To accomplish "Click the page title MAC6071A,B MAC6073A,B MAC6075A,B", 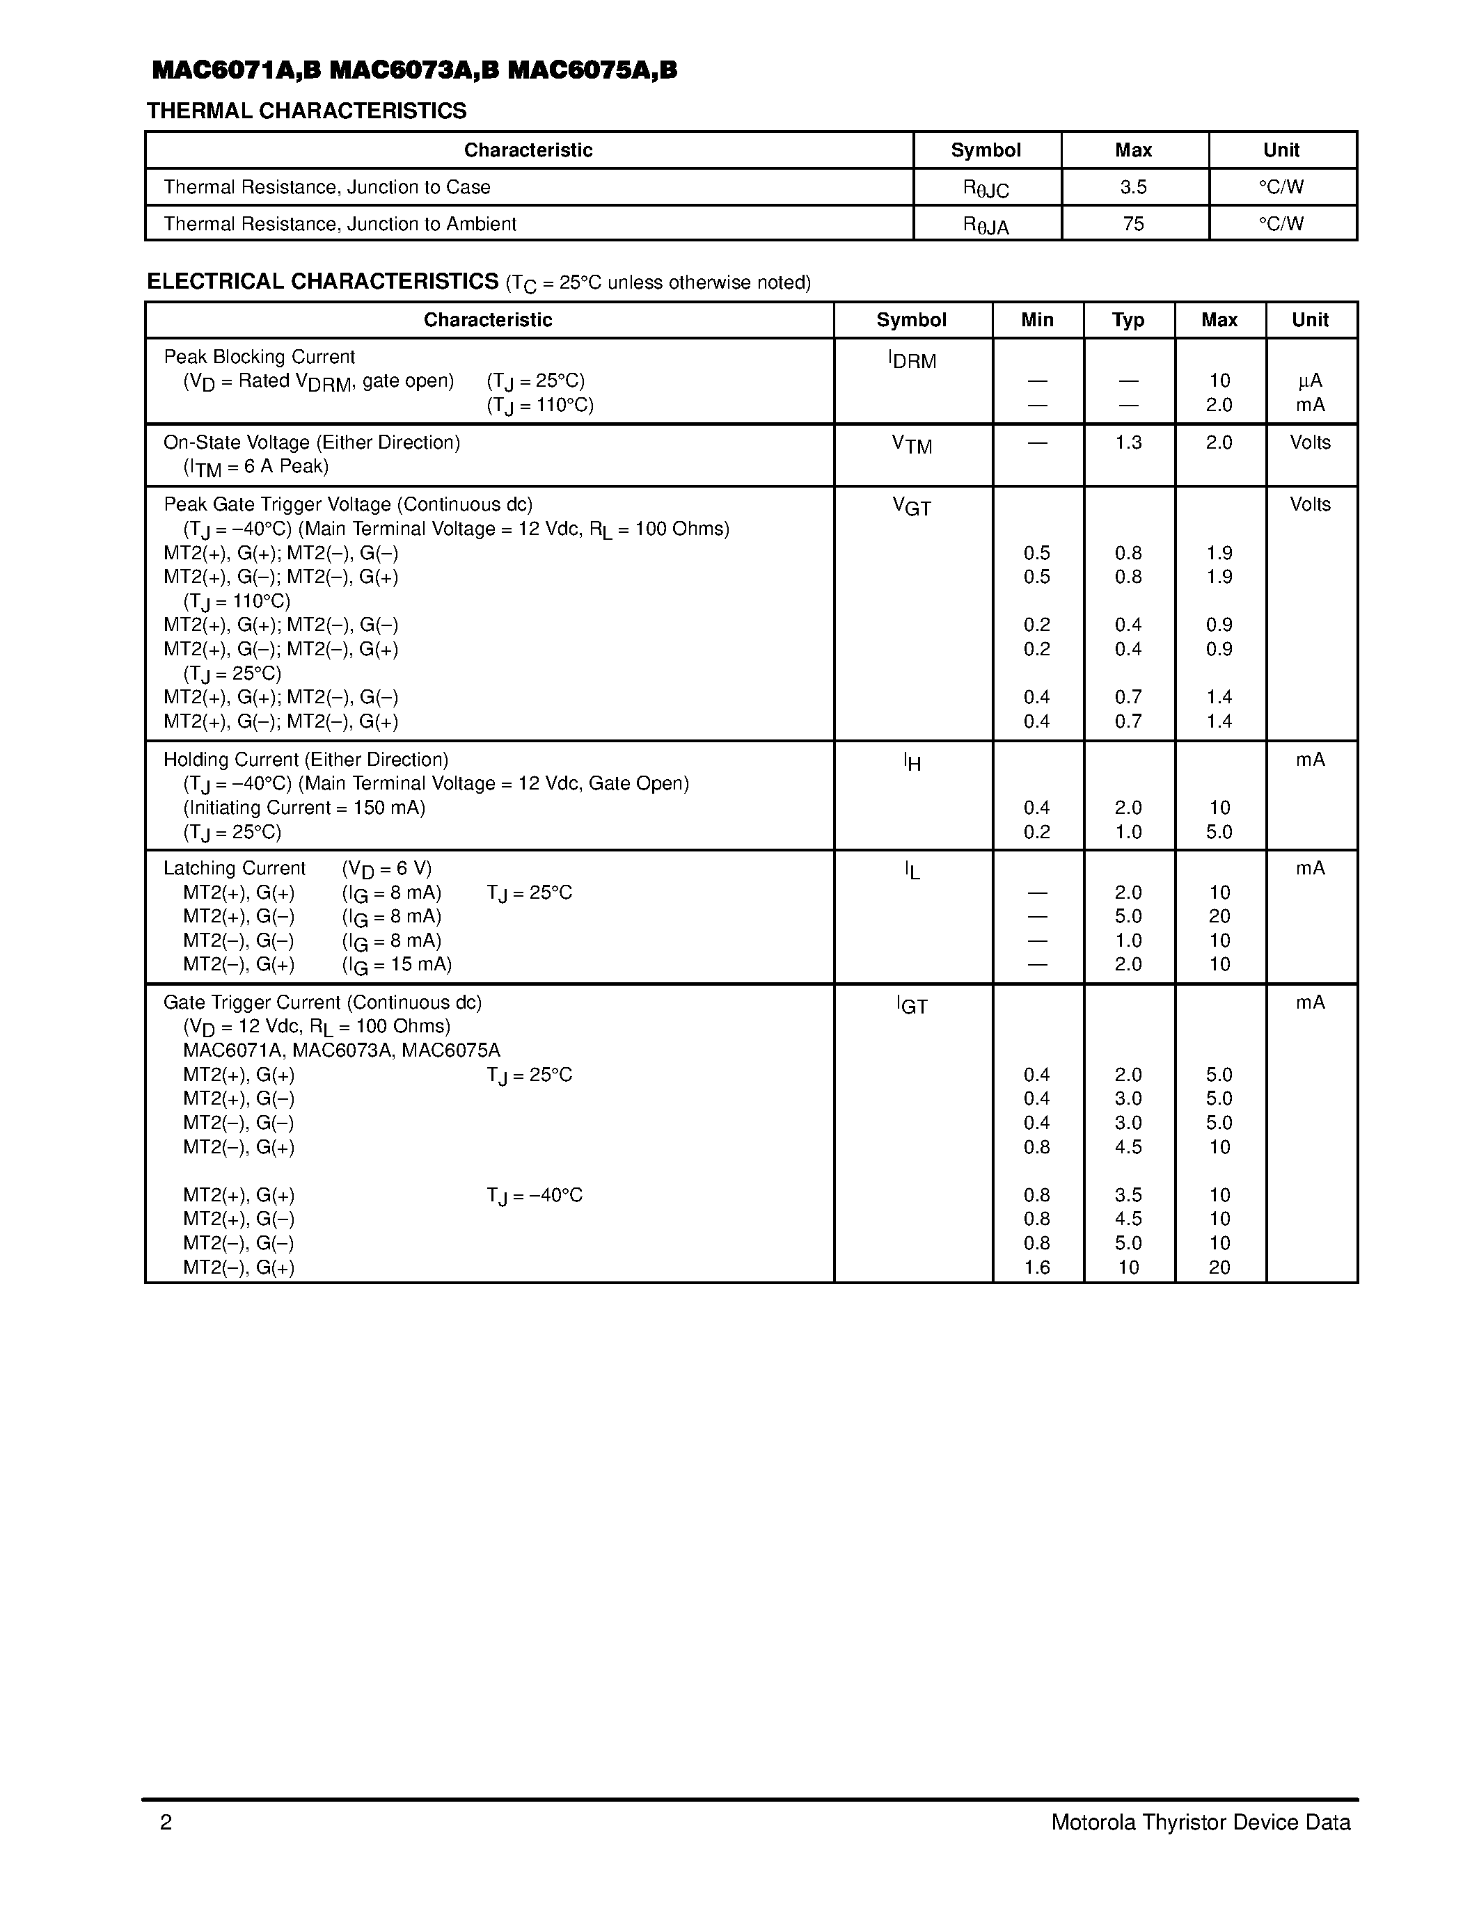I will [x=413, y=71].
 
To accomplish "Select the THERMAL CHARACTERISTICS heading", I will [x=307, y=111].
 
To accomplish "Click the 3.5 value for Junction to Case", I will [x=1133, y=187].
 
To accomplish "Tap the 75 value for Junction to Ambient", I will [x=1133, y=224].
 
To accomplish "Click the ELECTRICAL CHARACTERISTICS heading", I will [x=322, y=282].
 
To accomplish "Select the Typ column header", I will [x=1128, y=321].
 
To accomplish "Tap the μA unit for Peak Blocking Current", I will [x=1310, y=381].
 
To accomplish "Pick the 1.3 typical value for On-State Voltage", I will [x=1128, y=443].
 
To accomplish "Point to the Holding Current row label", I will [x=306, y=760].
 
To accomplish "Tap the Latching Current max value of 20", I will [x=1219, y=917].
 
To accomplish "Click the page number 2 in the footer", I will [x=166, y=1823].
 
